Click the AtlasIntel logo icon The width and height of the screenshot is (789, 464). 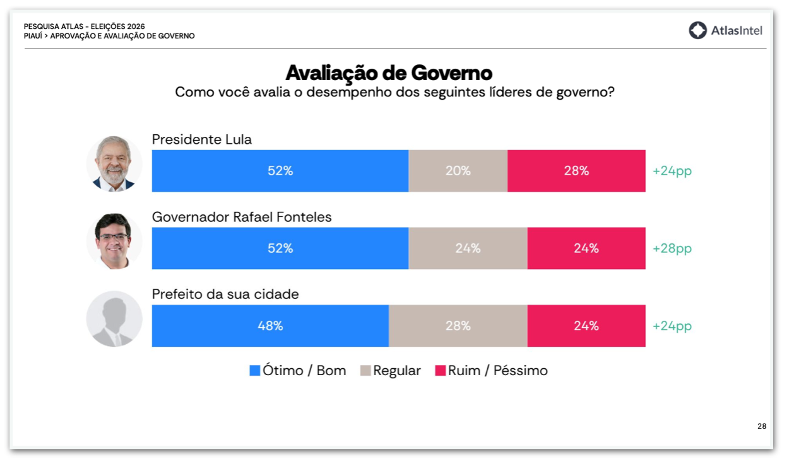click(x=697, y=30)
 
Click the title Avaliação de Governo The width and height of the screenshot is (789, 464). click(x=389, y=72)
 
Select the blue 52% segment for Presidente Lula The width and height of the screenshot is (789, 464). click(x=280, y=171)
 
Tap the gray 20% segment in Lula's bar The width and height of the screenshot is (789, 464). click(x=458, y=171)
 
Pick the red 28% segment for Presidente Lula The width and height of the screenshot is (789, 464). click(x=576, y=171)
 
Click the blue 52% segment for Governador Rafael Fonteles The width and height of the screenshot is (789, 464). click(x=280, y=248)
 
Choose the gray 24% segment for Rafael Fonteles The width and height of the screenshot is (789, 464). click(x=468, y=248)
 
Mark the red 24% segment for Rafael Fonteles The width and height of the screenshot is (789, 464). click(x=586, y=248)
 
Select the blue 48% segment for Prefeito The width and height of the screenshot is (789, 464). click(x=270, y=326)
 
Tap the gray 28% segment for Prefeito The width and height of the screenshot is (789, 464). click(x=458, y=326)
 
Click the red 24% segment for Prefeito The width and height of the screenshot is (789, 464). click(x=586, y=326)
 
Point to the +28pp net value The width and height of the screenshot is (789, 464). click(x=672, y=248)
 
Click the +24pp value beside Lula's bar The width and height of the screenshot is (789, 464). click(x=672, y=171)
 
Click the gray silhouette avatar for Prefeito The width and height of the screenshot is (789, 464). click(x=114, y=319)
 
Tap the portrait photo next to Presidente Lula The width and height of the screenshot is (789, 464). click(x=114, y=164)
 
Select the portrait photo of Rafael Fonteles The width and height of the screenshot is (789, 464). click(x=114, y=241)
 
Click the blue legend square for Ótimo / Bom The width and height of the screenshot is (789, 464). click(x=255, y=371)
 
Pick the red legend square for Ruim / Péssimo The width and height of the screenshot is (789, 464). click(x=441, y=371)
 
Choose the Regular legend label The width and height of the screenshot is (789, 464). click(x=396, y=371)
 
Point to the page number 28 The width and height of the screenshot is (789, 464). click(x=762, y=426)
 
